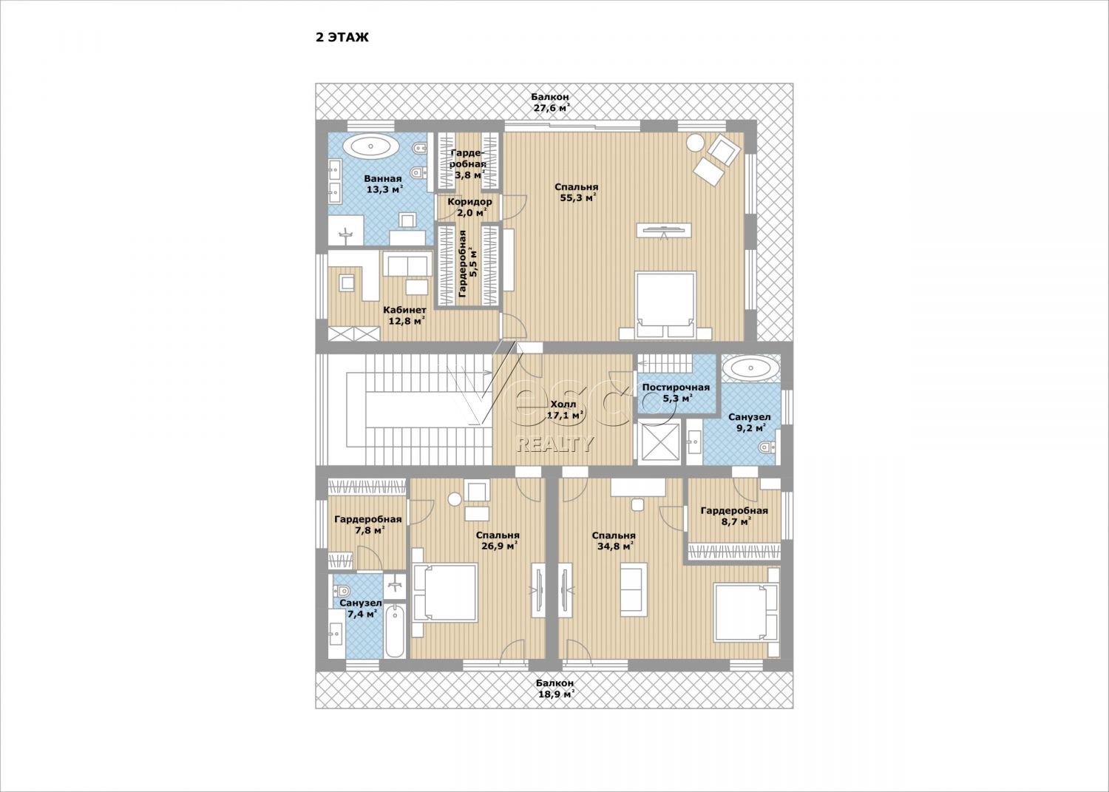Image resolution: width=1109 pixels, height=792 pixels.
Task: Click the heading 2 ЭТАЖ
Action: click(x=342, y=37)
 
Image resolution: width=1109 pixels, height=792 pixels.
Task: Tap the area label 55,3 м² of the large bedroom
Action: click(x=577, y=198)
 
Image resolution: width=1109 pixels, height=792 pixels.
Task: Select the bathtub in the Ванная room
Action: click(x=375, y=147)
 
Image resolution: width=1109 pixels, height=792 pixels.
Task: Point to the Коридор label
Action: click(x=469, y=202)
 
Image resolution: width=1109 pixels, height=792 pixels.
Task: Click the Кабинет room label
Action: click(x=404, y=310)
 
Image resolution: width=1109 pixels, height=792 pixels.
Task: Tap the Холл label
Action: click(x=563, y=405)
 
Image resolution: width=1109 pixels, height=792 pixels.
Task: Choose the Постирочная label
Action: click(x=676, y=387)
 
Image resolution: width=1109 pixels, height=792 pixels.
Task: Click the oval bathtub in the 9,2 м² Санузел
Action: click(x=750, y=368)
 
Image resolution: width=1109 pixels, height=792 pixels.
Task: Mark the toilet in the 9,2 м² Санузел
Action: click(x=768, y=447)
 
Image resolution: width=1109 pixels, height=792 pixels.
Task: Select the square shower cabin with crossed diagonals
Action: click(x=658, y=442)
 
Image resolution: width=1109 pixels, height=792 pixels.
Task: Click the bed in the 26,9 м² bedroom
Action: click(x=444, y=592)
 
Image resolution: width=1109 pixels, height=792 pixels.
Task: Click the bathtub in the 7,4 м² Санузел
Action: click(x=395, y=631)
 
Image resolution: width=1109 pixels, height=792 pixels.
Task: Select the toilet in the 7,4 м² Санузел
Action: click(x=342, y=590)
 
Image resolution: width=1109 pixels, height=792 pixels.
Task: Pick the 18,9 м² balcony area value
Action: click(x=556, y=694)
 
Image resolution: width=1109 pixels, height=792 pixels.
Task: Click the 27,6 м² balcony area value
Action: click(x=551, y=108)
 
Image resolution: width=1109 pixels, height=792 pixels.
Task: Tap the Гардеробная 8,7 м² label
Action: click(x=734, y=515)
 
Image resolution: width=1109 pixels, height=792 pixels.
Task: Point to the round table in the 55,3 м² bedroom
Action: click(x=696, y=143)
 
